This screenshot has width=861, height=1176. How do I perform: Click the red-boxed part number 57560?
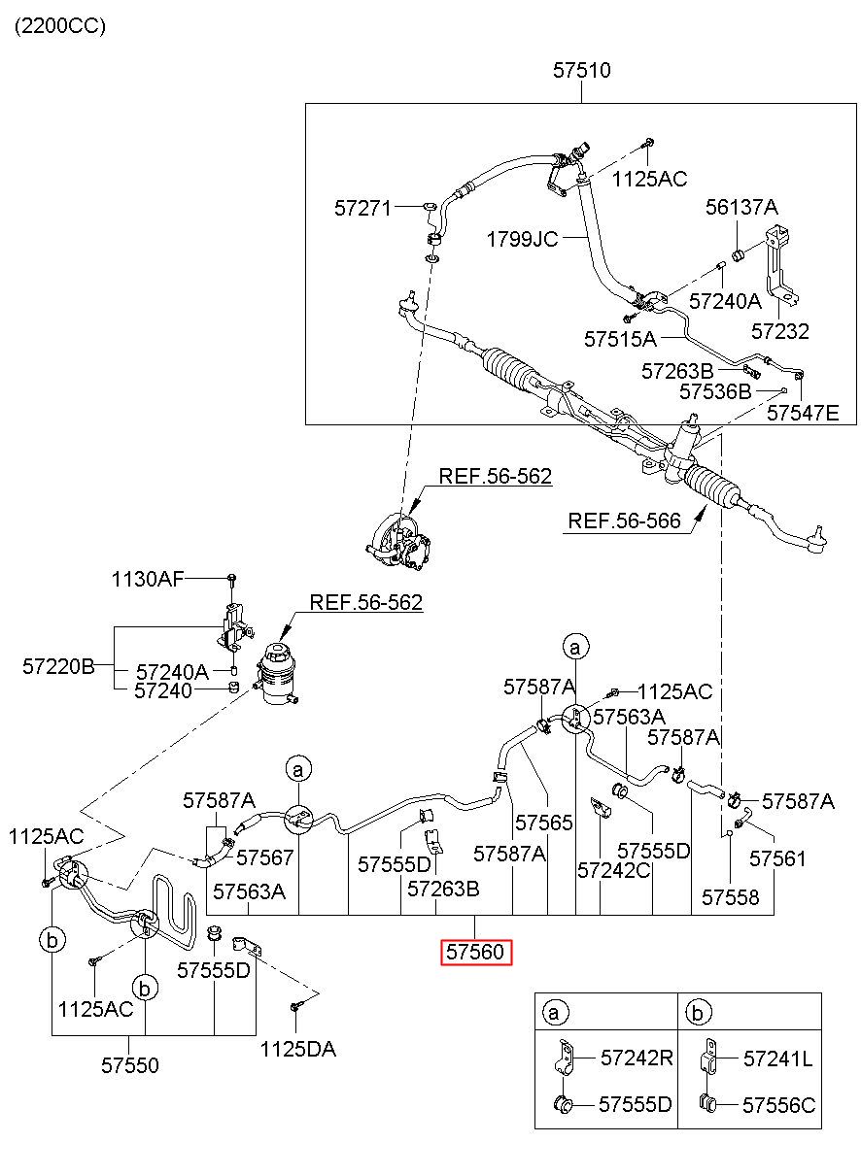click(475, 952)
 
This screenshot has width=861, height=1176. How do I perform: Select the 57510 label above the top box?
click(581, 70)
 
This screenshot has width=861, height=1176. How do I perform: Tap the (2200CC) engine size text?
click(60, 26)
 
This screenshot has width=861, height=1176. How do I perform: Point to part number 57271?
click(363, 209)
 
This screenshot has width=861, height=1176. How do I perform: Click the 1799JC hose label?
click(522, 240)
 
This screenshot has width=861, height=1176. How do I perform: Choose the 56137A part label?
click(741, 207)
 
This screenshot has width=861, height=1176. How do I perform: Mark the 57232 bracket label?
click(779, 331)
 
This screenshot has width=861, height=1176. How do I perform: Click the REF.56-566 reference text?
click(624, 521)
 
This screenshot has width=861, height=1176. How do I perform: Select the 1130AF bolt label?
click(148, 579)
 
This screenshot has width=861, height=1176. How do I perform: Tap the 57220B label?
click(58, 667)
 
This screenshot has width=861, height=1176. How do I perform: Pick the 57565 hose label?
click(543, 823)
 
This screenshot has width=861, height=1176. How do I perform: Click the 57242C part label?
click(613, 870)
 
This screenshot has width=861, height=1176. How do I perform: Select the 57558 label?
click(730, 897)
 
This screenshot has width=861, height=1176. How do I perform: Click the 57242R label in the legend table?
click(637, 1058)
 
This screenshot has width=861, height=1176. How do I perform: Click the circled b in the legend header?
click(697, 1012)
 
